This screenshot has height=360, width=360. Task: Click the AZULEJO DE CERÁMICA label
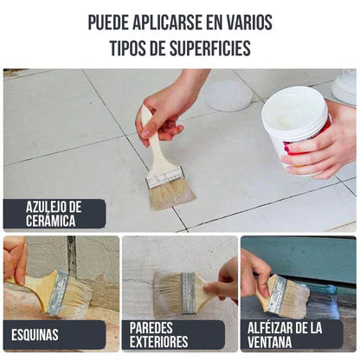54,213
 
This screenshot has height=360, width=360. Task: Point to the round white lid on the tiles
228,96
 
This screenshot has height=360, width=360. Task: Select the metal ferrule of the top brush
165,176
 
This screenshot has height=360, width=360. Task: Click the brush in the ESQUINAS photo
61,292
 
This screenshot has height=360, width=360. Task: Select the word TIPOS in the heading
131,48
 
